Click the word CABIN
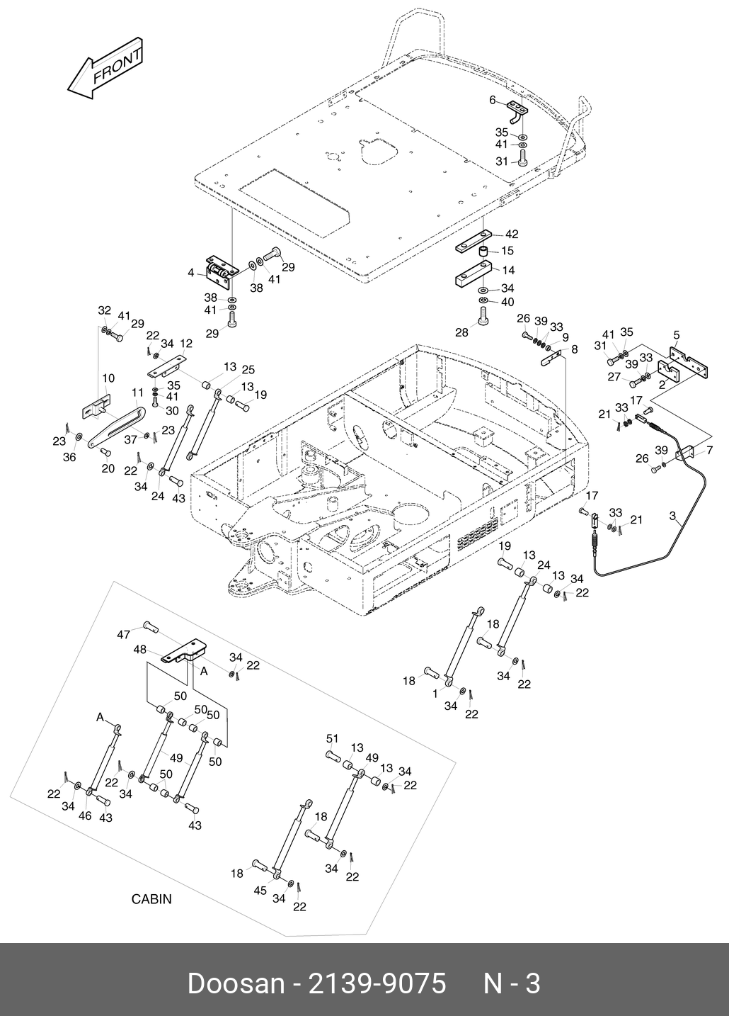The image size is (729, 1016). (151, 899)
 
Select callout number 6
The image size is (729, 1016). (493, 101)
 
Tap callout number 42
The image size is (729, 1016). (512, 235)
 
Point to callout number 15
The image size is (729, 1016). (507, 251)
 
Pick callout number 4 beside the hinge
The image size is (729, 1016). (190, 273)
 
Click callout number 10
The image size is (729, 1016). (108, 378)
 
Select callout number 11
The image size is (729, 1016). (137, 393)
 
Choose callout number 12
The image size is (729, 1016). (186, 344)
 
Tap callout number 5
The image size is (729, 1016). (676, 334)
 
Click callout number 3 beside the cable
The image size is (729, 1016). (672, 516)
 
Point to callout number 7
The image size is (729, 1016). (709, 451)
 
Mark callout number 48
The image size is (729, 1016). (139, 649)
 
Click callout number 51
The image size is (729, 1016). (332, 739)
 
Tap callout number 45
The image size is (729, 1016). (260, 891)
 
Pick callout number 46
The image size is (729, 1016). (85, 816)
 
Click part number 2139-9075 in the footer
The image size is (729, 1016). (375, 984)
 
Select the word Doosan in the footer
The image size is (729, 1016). (234, 984)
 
